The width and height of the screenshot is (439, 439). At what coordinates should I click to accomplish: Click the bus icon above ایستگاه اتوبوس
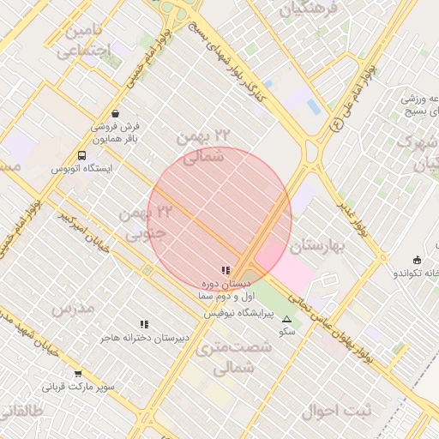pyautogui.click(x=81, y=156)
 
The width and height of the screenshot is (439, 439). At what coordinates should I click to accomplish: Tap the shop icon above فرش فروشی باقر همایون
pyautogui.click(x=116, y=113)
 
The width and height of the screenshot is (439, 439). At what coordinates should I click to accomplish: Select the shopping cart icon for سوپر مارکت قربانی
pyautogui.click(x=78, y=374)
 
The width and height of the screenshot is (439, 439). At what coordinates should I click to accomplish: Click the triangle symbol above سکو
pyautogui.click(x=286, y=319)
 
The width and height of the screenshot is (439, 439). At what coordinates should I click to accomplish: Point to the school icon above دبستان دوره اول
pyautogui.click(x=226, y=270)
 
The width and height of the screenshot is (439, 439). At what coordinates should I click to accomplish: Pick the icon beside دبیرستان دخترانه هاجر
pyautogui.click(x=144, y=324)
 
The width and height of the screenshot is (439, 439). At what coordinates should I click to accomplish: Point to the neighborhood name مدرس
pyautogui.click(x=73, y=308)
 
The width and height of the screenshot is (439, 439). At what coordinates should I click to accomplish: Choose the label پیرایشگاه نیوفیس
pyautogui.click(x=238, y=315)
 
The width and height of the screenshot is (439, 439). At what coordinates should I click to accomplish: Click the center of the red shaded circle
pyautogui.click(x=219, y=218)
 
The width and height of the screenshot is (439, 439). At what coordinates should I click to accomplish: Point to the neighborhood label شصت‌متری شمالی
pyautogui.click(x=233, y=358)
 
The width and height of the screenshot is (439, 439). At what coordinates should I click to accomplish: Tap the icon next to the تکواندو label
pyautogui.click(x=417, y=260)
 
